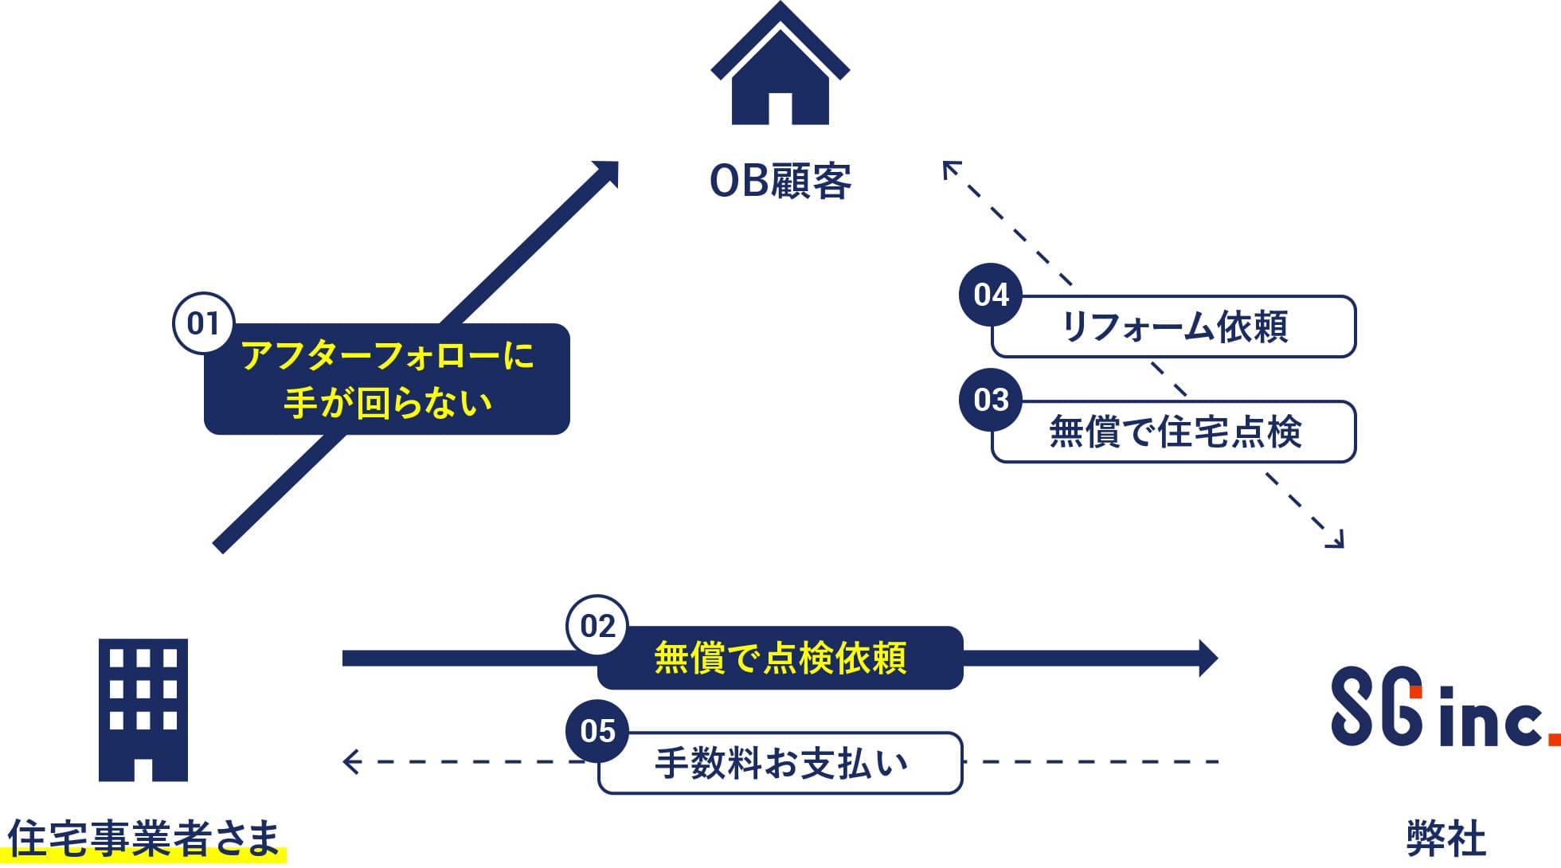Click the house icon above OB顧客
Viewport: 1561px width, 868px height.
[780, 68]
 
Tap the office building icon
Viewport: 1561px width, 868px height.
[143, 710]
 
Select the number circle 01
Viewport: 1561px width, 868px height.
[203, 323]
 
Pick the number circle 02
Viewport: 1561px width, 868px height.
[597, 626]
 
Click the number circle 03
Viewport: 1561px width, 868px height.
[991, 400]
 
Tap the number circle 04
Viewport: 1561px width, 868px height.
[991, 295]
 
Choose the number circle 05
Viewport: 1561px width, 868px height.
[597, 730]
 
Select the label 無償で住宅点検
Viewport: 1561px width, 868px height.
[1176, 432]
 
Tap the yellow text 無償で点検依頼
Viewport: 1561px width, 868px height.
[780, 659]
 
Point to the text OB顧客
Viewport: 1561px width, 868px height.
[780, 182]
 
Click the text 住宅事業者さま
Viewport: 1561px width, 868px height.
[144, 839]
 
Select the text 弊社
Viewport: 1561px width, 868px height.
[1446, 839]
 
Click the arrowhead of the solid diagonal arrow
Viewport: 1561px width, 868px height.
[608, 172]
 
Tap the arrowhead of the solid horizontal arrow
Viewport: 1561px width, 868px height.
[1207, 659]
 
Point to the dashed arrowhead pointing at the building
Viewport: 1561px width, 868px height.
[350, 762]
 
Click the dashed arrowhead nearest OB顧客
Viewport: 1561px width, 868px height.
[950, 168]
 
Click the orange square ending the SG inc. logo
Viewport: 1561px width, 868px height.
[1554, 738]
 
